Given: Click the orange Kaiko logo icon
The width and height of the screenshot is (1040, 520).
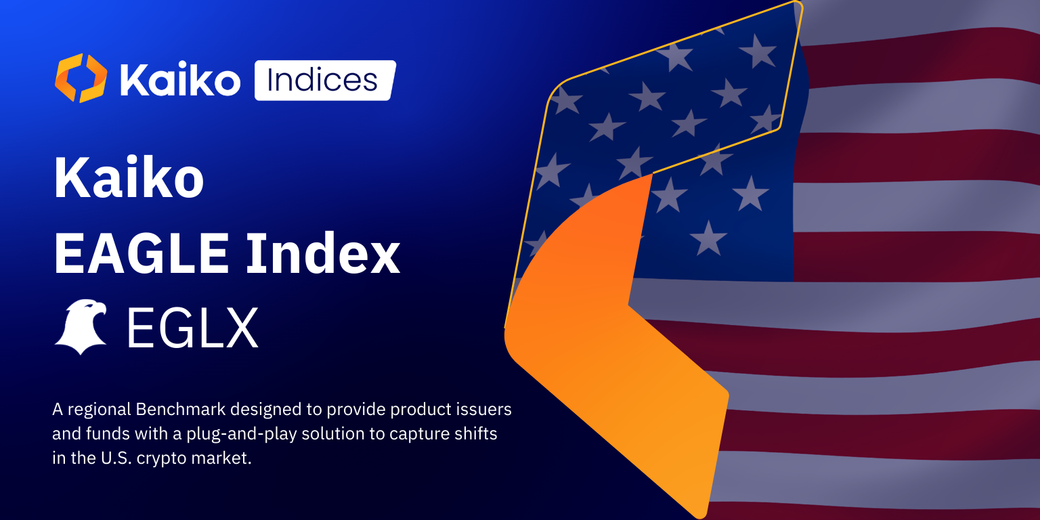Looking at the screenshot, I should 81,79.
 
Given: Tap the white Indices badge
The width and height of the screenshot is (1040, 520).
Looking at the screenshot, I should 324,81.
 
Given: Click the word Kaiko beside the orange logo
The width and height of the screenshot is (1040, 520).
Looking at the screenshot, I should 179,81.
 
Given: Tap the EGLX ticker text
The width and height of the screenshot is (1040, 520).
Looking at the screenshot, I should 192,328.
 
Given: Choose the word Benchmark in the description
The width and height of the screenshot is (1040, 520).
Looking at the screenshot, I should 180,410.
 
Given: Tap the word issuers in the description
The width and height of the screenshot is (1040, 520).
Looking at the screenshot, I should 485,410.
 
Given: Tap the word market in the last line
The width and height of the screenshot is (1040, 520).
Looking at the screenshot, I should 223,457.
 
